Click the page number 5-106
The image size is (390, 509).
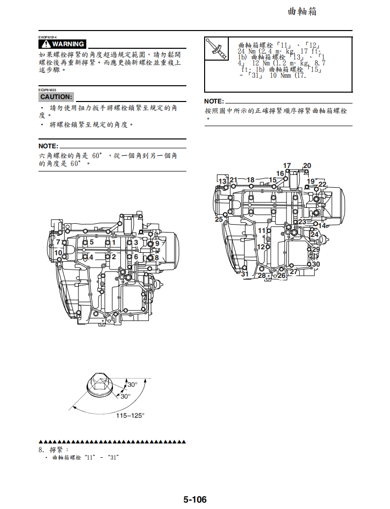195,500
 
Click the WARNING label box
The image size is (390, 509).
63,44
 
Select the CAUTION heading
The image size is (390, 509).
56,97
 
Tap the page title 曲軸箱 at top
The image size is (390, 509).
302,11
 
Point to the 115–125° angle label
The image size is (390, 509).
130,415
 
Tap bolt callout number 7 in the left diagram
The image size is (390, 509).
58,242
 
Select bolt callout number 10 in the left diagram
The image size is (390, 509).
58,253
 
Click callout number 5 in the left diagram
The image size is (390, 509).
91,242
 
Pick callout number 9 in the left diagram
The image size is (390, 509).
157,243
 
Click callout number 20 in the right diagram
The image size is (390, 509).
307,166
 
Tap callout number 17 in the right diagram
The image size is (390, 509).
287,166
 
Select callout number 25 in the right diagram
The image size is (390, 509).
219,219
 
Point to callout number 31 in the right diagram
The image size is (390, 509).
245,274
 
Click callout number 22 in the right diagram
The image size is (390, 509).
322,184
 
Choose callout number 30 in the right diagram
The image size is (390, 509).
316,264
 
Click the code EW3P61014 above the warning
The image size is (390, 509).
48,37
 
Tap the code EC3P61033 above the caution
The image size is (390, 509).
48,90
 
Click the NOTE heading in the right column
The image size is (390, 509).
213,102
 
